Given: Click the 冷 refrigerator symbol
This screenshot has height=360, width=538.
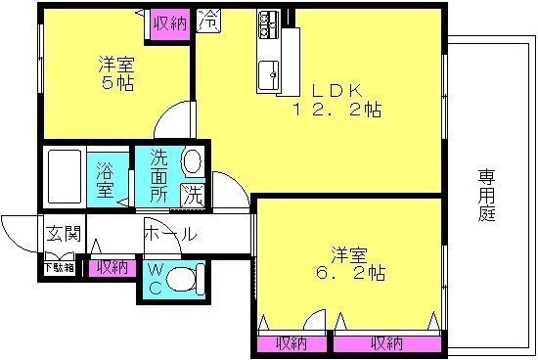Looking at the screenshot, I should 207,19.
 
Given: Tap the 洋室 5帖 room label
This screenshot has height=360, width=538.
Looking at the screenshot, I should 115,74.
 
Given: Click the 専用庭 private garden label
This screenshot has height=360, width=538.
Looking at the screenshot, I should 486,196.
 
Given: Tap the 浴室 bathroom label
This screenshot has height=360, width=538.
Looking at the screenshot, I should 104,178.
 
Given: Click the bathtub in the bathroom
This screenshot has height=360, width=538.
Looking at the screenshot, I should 63,177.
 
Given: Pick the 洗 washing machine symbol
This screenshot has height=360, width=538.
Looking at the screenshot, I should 193,194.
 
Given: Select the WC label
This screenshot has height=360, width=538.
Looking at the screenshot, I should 154,278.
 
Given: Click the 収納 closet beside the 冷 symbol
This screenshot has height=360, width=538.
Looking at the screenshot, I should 167,21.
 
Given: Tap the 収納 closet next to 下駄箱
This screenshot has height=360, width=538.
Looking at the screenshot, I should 112,266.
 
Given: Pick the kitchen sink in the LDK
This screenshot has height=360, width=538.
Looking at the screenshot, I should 268,71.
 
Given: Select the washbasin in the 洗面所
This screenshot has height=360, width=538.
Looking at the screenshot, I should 192,161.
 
